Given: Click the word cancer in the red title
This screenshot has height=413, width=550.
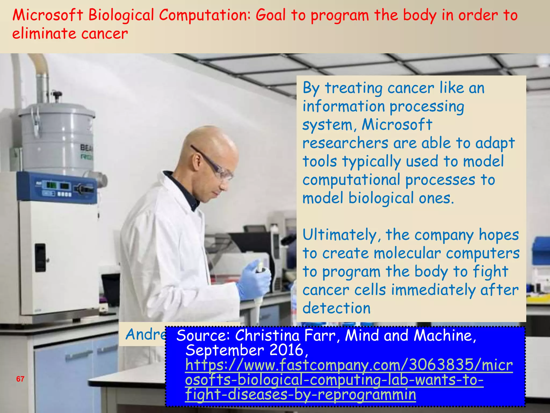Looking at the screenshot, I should click(x=104, y=34).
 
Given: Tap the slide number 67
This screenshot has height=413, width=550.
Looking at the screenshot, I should click(x=20, y=379).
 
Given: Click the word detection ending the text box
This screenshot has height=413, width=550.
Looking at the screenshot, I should click(x=336, y=308).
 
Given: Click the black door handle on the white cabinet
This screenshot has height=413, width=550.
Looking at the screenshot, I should click(x=40, y=258).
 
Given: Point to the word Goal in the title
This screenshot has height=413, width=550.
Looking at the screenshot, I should click(x=270, y=15).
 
